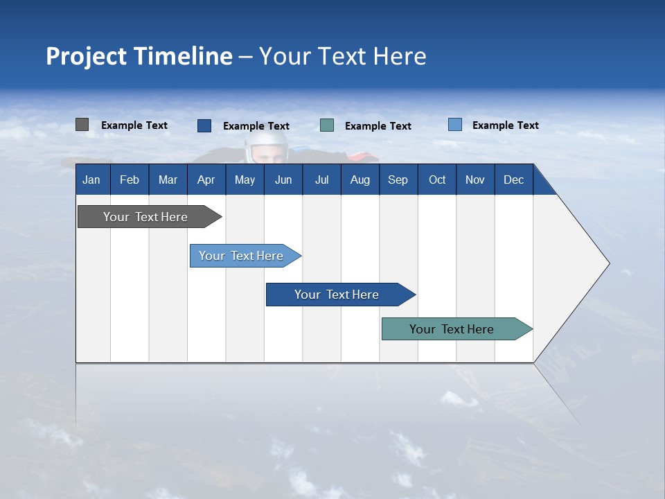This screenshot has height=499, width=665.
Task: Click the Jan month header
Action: coord(92,180)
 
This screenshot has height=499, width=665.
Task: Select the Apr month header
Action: coord(206,180)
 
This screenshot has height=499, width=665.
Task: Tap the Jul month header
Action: coord(321,180)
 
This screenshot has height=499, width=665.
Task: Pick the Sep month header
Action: coord(398,180)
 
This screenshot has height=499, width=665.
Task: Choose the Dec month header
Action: coord(513,180)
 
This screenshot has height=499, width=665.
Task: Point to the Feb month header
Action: coord(130,180)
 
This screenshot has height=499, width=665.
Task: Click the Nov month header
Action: coord(475,180)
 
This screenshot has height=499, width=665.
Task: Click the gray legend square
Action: coord(82,125)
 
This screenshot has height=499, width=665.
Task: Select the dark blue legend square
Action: coord(204,125)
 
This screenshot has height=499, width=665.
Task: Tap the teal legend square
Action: coord(327,125)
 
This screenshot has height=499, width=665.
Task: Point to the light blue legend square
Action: coord(454,125)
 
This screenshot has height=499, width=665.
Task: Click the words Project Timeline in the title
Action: coord(139,56)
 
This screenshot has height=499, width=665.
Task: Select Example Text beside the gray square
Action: coord(134,125)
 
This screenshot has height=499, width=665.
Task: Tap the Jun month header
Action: coord(283,180)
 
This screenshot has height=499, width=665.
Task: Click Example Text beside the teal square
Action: coord(378,126)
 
